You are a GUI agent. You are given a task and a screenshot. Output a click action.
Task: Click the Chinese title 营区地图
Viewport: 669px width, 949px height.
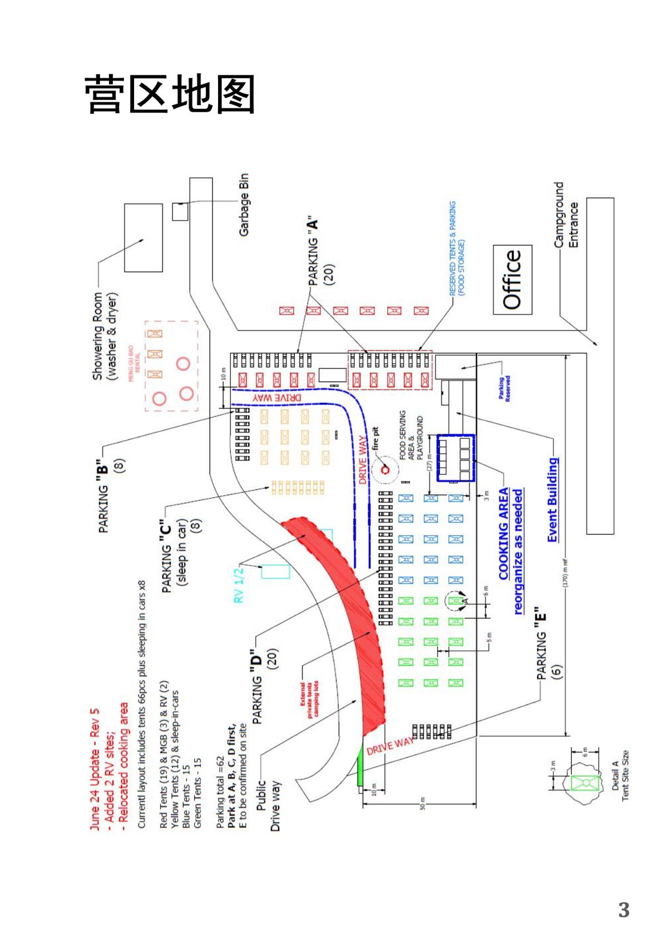[x=170, y=94]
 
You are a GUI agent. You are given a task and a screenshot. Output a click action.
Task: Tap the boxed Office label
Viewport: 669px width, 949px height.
[x=512, y=279]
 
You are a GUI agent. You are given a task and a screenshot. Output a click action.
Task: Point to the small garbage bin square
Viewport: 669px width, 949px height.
[x=180, y=212]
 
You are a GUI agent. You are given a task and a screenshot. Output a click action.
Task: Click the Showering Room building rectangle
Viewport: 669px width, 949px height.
[x=143, y=237]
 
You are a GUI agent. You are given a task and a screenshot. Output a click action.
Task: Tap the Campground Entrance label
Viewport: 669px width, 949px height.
[x=566, y=215]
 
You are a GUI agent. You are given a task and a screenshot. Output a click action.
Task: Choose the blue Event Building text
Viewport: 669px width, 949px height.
[x=552, y=500]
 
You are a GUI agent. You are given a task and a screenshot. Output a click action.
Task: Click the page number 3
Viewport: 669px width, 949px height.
[x=623, y=910]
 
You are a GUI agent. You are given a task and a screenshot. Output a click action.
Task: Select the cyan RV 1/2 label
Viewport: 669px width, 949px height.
[x=239, y=585]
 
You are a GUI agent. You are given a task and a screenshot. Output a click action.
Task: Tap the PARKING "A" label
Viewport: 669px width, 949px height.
[x=320, y=252]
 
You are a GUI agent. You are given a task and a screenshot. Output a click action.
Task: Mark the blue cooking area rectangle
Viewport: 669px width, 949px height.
[x=455, y=458]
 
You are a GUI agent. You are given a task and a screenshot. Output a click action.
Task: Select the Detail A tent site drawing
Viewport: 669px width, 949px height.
[x=584, y=783]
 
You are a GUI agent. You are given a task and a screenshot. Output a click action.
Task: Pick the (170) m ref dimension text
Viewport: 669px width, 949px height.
[x=566, y=572]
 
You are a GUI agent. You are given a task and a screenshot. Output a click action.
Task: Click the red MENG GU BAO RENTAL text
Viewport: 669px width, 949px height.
[x=134, y=363]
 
